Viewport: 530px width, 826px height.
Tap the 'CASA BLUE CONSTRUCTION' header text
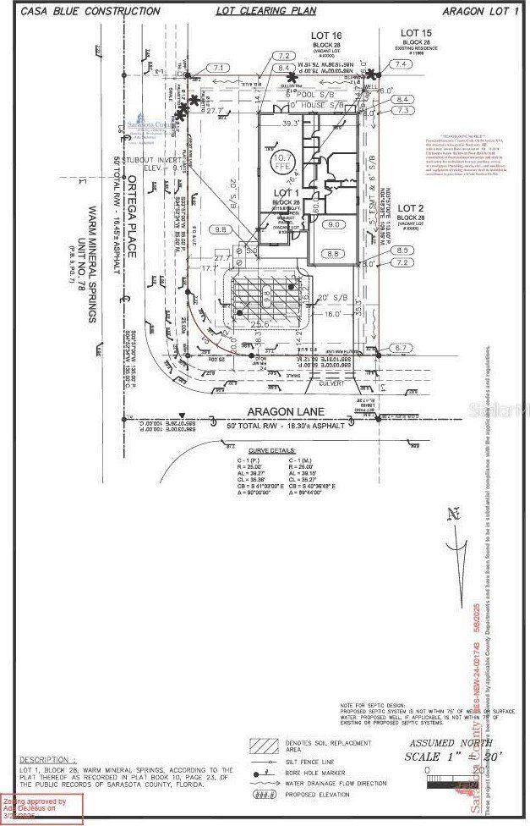click(90, 11)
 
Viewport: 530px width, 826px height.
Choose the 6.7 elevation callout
click(402, 348)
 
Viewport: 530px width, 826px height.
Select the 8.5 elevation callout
click(402, 251)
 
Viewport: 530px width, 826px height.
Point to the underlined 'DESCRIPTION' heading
click(47, 760)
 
